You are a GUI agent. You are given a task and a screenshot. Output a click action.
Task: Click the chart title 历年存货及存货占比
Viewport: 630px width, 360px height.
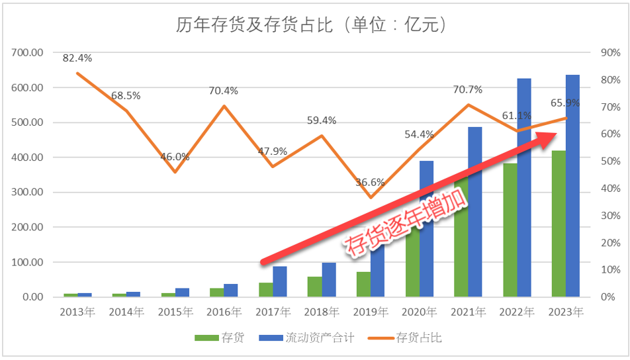pos(310,25)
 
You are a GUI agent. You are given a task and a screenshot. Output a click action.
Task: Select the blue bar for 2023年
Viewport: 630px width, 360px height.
pos(573,185)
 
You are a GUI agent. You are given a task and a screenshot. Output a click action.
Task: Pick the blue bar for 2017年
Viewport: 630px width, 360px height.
pos(280,281)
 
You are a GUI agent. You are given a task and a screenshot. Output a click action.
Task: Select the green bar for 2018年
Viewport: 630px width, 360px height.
pos(314,287)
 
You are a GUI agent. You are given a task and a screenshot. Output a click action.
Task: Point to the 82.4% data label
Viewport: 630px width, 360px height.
pos(77,58)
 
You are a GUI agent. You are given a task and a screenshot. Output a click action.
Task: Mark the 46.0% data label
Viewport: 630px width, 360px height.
pos(175,157)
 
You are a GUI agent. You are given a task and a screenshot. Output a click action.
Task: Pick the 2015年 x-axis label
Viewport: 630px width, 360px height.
pos(175,312)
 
